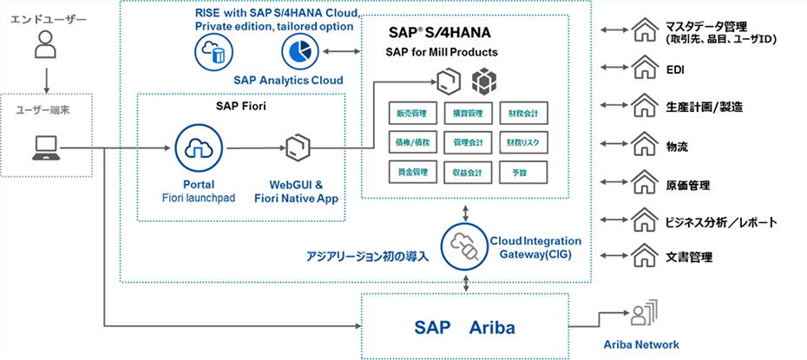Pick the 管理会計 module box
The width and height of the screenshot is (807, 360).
pyautogui.click(x=469, y=141)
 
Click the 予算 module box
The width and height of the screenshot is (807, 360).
pyautogui.click(x=525, y=172)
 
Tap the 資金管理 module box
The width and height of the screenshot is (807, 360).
pyautogui.click(x=413, y=172)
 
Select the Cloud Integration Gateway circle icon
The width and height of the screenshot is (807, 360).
pyautogui.click(x=466, y=245)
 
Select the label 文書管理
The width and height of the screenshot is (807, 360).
pyautogui.click(x=690, y=258)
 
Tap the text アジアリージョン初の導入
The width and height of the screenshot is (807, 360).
pyautogui.click(x=367, y=257)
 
